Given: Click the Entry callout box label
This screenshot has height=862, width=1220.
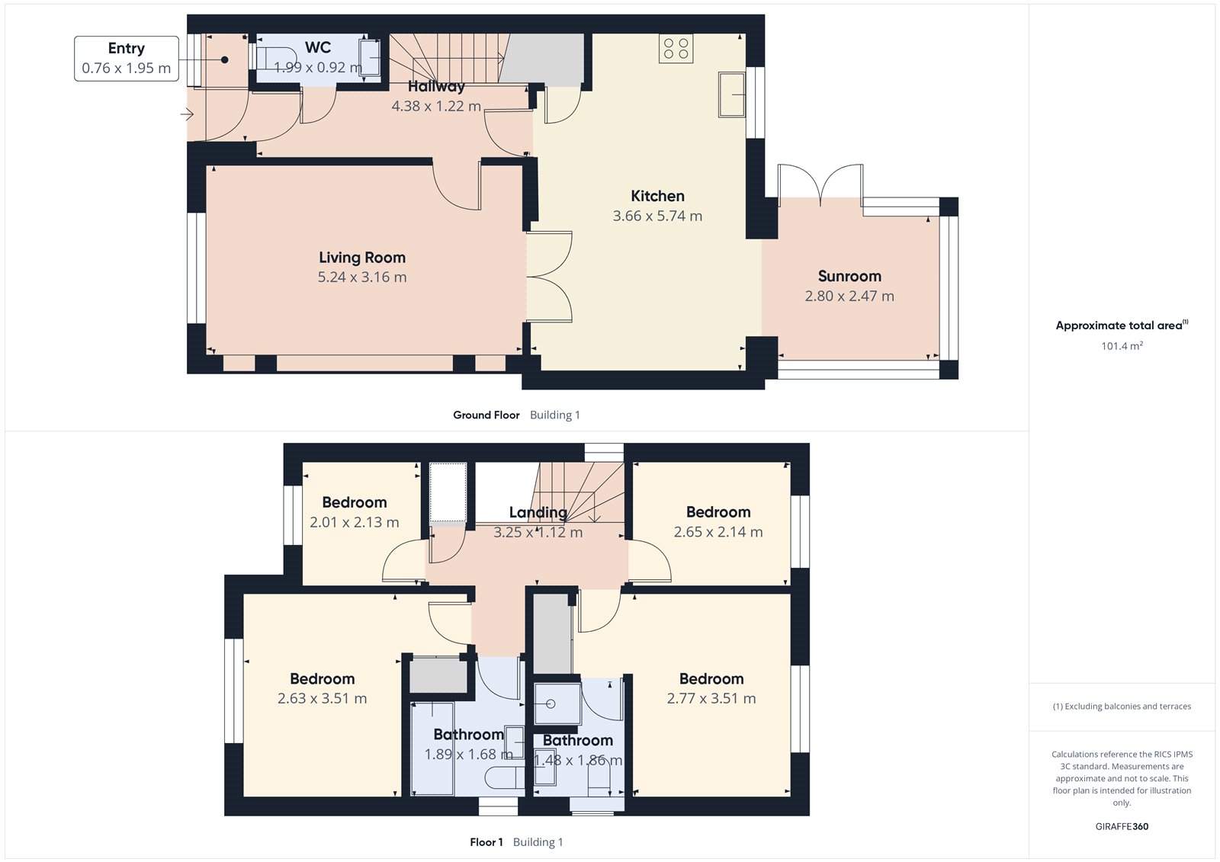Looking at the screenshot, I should coord(126,49).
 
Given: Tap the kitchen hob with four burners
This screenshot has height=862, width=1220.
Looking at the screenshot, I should coord(676,49).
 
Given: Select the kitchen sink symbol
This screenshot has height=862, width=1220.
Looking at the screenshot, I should coord(731,95).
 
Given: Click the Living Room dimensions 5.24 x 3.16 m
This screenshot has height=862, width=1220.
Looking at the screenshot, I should coord(362,277).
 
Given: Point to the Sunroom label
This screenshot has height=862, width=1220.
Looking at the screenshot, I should coord(849,276).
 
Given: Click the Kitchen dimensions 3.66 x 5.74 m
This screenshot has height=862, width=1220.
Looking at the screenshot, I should coord(657,216).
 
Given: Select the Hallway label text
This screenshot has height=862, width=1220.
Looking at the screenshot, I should coord(435,87).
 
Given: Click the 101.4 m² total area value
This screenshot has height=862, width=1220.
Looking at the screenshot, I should coord(1122,346).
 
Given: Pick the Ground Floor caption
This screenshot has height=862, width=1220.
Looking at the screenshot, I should coord(486,415).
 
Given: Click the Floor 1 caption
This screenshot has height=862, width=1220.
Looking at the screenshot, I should coord(486,842).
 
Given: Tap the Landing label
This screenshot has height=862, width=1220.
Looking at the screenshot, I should coord(538,513).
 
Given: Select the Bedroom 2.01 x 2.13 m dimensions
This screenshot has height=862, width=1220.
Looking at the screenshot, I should coord(354,522).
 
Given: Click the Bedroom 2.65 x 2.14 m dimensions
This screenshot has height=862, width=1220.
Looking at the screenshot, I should coord(718,532).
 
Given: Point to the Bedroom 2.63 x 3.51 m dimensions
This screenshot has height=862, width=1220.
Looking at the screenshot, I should coord(322,698).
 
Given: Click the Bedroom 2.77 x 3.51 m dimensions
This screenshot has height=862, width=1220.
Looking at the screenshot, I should coord(711,698).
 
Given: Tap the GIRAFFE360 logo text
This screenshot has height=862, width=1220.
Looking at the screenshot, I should coord(1122,826).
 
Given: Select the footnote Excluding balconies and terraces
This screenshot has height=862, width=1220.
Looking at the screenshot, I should coord(1122,707).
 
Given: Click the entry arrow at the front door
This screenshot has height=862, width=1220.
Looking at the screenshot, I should coord(187,115).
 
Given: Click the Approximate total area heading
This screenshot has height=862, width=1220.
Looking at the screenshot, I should coord(1119,325).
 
